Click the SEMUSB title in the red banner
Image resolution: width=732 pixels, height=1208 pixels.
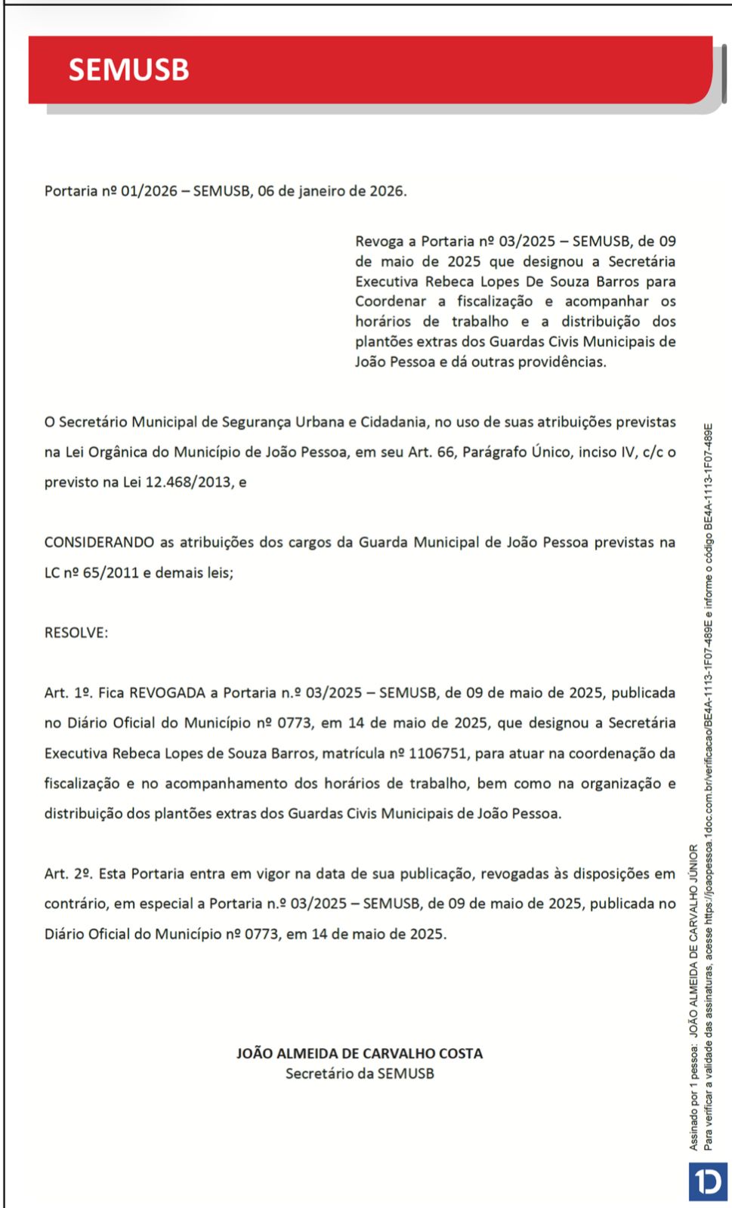128,69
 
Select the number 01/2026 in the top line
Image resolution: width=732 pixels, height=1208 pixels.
149,191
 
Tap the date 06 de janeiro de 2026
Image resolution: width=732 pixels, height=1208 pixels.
332,191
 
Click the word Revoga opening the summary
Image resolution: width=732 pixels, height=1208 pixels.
379,242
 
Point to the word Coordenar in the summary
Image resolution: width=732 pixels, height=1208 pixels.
390,301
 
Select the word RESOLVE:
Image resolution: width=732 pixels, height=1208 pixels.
76,633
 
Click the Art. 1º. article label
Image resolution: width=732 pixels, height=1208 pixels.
68,693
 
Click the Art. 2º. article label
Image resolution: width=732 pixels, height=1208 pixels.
68,874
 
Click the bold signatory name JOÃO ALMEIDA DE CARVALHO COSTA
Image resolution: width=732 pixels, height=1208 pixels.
360,1053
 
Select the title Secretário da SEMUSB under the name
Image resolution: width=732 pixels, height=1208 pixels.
360,1074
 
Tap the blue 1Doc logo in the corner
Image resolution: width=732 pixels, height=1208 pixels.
708,1182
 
